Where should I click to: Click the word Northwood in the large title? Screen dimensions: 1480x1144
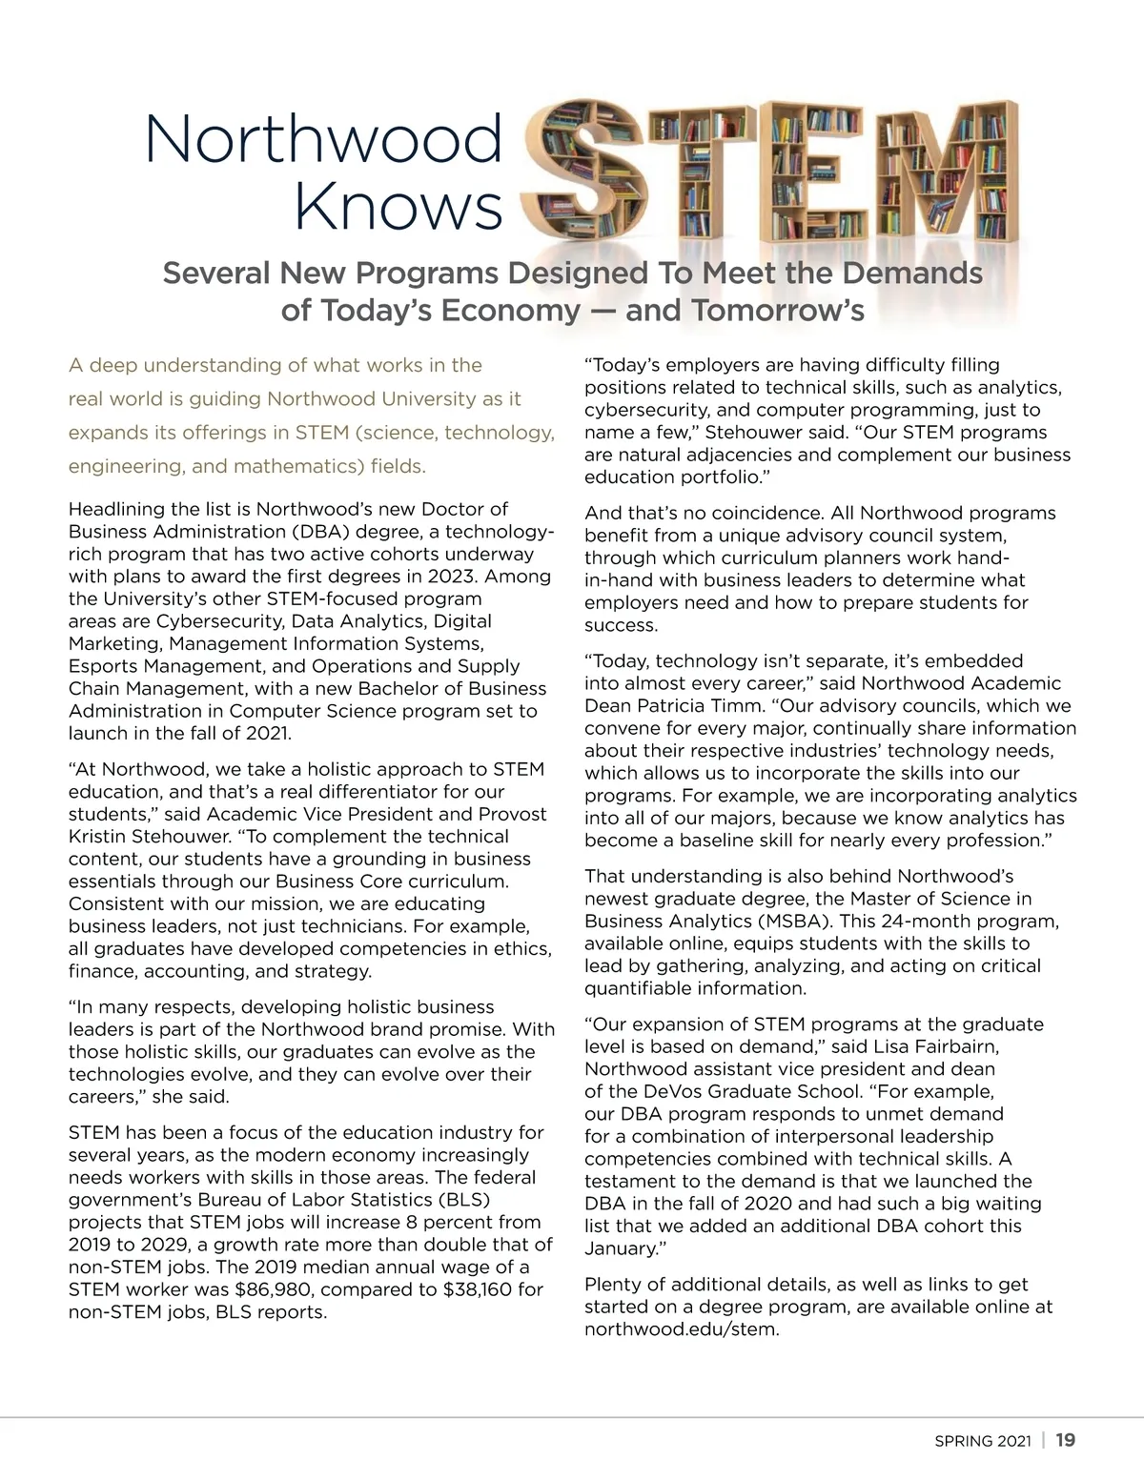tap(323, 140)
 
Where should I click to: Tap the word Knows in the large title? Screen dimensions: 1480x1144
tap(398, 207)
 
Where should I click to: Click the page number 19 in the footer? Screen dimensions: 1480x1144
tap(1066, 1440)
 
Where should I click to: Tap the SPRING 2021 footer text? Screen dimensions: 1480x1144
tap(982, 1441)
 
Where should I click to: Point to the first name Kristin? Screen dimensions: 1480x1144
tap(101, 836)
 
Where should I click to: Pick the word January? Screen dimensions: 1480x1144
tap(620, 1248)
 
